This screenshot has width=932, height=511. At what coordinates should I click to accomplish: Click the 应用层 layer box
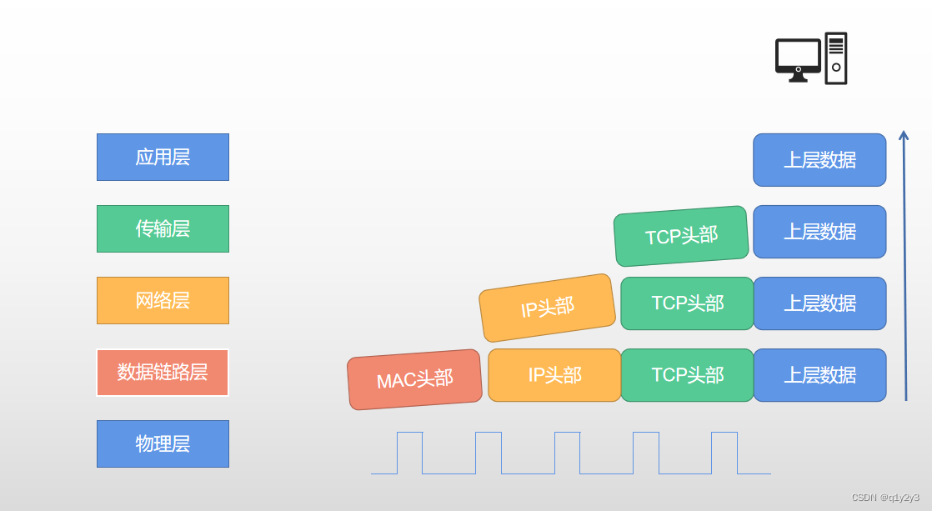163,157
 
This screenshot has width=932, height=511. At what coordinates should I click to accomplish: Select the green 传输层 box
163,228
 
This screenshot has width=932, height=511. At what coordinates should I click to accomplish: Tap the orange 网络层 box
163,301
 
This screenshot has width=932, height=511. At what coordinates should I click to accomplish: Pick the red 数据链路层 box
163,373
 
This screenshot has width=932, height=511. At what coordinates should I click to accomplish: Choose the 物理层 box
163,443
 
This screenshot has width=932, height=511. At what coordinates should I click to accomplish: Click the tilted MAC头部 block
415,379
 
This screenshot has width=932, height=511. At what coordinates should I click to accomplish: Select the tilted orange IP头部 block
548,308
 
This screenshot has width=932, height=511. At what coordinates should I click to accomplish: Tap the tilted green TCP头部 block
681,236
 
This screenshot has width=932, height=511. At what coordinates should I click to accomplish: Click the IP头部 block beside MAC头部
554,375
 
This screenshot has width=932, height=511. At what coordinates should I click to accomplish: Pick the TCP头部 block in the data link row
688,375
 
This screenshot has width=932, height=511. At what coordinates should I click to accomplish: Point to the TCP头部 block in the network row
688,303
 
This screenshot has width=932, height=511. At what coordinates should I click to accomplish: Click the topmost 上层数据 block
819,160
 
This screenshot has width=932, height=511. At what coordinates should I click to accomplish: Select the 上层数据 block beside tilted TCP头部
819,232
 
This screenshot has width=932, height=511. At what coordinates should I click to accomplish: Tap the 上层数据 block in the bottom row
819,375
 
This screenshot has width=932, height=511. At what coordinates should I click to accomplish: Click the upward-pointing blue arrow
904,266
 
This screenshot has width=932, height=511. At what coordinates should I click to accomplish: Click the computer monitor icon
799,60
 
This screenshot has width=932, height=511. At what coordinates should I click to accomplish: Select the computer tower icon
836,58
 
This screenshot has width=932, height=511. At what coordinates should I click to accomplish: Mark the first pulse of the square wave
409,453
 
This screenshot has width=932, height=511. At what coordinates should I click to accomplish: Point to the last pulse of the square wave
724,453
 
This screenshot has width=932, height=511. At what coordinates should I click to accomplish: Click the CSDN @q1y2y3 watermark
885,498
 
